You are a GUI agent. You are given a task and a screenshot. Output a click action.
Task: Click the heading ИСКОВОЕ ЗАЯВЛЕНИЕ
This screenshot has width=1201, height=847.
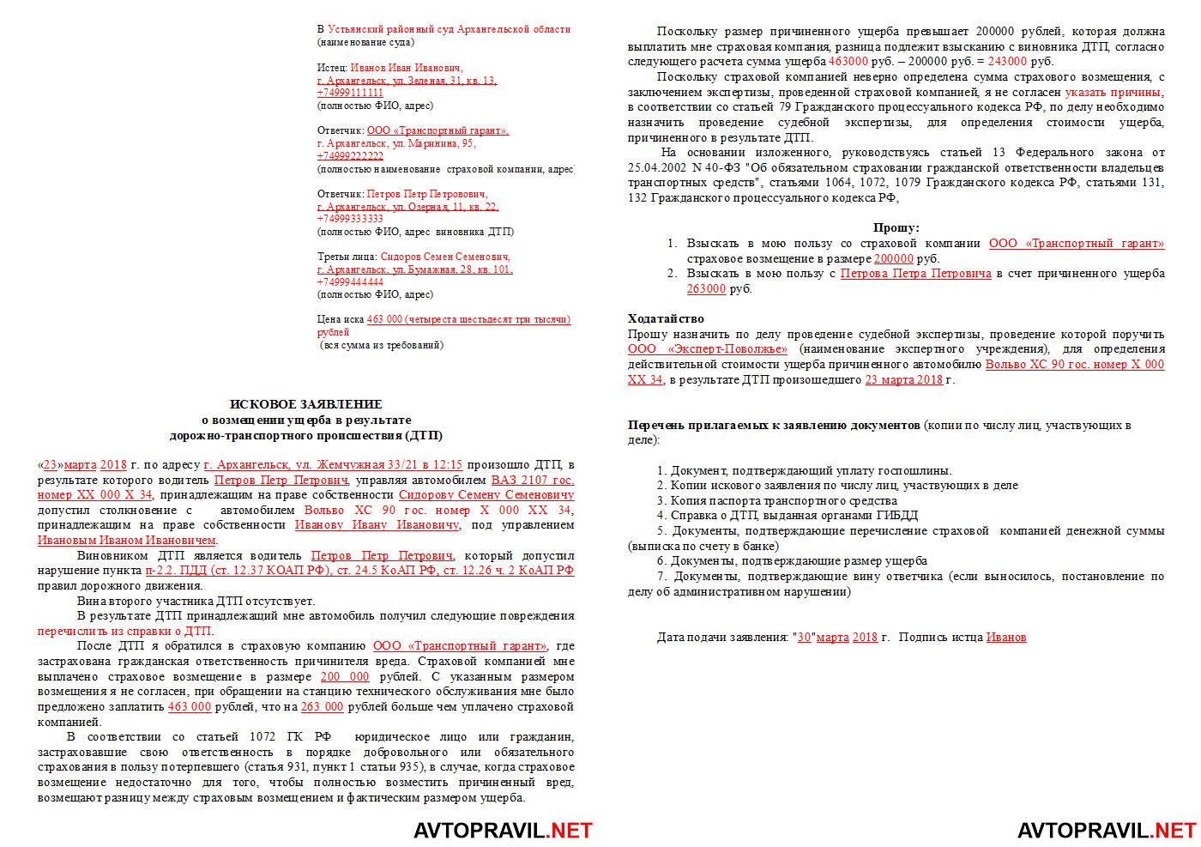tap(305, 403)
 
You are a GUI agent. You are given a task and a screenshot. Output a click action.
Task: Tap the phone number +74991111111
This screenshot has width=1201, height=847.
tap(350, 93)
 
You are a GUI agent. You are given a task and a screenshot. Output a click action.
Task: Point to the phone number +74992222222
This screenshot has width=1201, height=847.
tap(350, 156)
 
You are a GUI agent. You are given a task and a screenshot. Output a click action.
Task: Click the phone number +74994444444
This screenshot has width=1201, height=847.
tap(350, 281)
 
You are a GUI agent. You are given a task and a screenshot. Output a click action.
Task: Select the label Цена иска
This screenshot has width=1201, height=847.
tap(340, 319)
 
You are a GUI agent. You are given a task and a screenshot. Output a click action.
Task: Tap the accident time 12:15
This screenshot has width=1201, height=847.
tap(449, 464)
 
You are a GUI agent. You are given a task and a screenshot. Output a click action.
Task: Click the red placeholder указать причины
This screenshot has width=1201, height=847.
tap(1113, 92)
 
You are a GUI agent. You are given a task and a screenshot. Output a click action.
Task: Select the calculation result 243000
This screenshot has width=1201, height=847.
tap(1007, 62)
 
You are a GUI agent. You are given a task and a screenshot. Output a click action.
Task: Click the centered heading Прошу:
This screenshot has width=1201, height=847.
tap(896, 227)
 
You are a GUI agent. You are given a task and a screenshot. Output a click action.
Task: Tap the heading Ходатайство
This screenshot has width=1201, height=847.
tap(666, 318)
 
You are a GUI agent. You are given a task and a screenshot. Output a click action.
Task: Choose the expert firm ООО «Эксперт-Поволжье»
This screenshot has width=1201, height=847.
tap(708, 349)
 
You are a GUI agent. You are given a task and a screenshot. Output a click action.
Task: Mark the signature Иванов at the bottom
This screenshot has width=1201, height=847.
tap(1005, 637)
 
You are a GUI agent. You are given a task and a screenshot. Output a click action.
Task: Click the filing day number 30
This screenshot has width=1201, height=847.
tap(804, 637)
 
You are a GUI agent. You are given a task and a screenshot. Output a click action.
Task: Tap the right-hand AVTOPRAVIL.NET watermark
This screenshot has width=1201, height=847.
tap(1106, 830)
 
